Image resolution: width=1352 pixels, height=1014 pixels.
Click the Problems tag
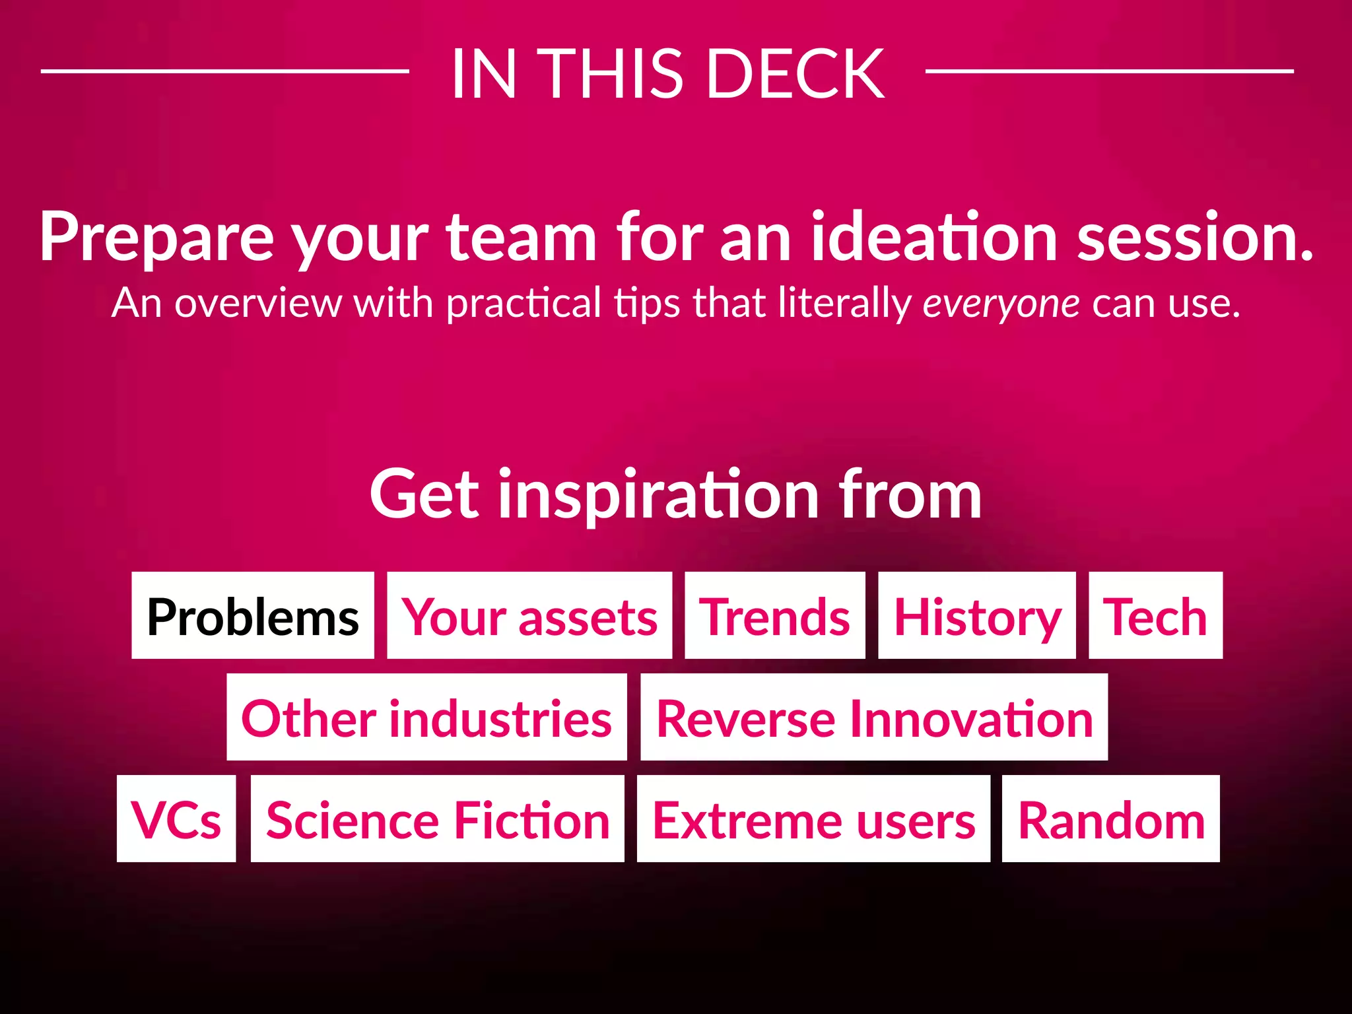(x=253, y=615)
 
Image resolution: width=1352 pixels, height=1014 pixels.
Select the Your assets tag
(x=529, y=615)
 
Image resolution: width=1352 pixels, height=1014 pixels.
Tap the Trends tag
(x=775, y=615)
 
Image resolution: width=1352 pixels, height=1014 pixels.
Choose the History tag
(x=977, y=615)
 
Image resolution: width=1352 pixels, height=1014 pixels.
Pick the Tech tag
(x=1156, y=615)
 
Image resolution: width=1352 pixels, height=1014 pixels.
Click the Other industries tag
(x=426, y=717)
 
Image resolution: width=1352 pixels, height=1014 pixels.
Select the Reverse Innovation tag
(x=874, y=717)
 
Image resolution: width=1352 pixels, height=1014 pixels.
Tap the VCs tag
(x=176, y=819)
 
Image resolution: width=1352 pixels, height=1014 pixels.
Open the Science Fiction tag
(x=438, y=819)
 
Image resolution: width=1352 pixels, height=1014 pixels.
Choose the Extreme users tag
(x=813, y=819)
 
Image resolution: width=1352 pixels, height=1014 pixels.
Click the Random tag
(x=1111, y=819)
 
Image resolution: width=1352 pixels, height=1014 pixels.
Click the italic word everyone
(x=1001, y=304)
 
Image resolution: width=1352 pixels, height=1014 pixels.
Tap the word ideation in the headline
(x=934, y=236)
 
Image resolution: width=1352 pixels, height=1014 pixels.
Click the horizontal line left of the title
(x=224, y=71)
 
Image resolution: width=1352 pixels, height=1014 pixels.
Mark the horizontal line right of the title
(x=1109, y=71)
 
